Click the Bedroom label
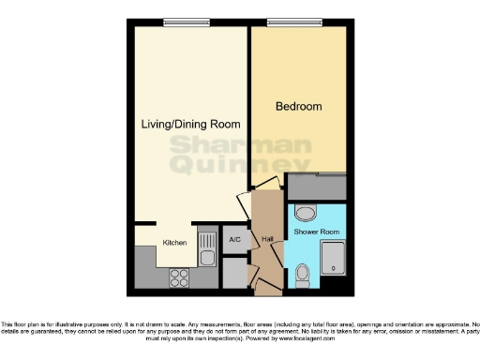tap(298, 107)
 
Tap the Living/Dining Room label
tap(190, 124)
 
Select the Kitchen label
tap(174, 243)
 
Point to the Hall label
tap(266, 239)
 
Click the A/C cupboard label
tap(233, 238)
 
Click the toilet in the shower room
tap(303, 275)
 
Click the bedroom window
tap(292, 22)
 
